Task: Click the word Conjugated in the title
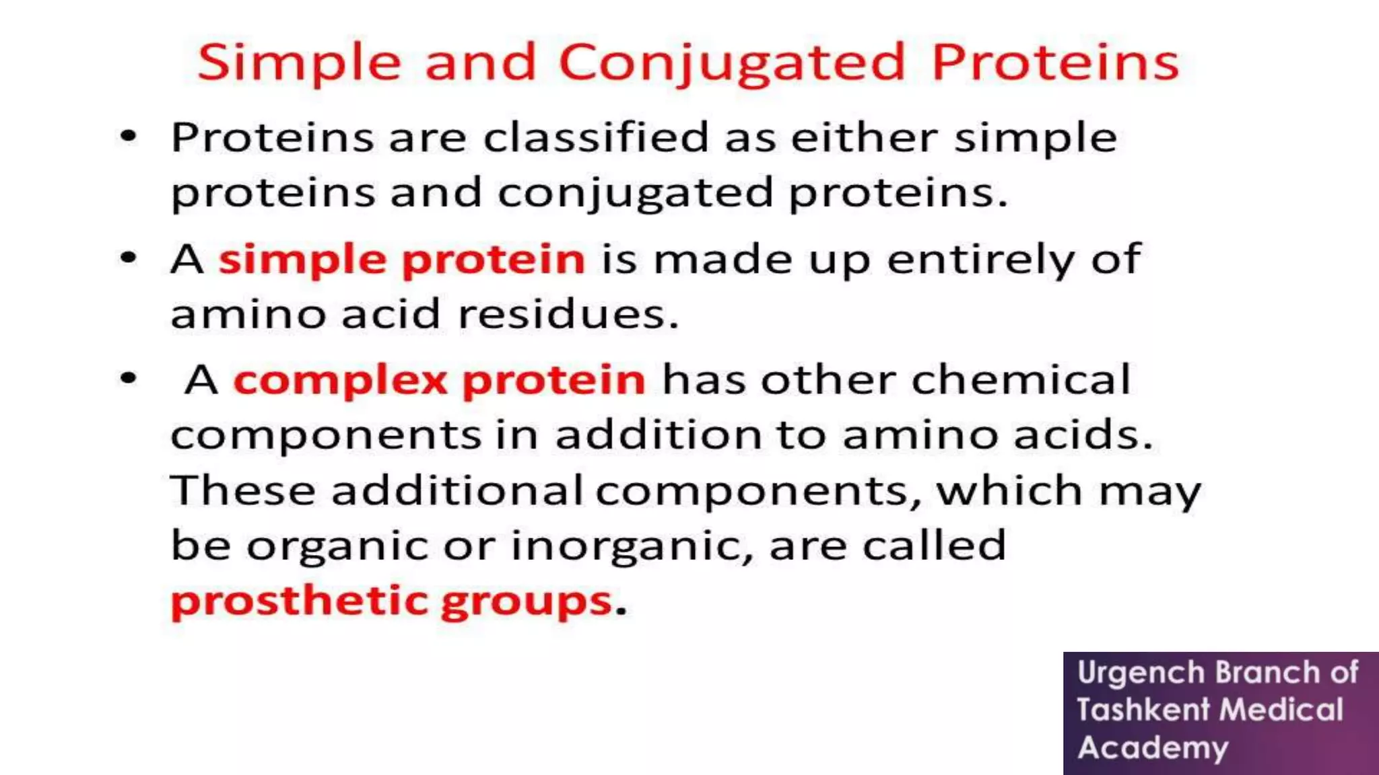[x=732, y=63]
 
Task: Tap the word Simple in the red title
[x=299, y=63]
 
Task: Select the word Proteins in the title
[x=1054, y=62]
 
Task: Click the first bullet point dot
[x=128, y=137]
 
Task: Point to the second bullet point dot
[x=128, y=258]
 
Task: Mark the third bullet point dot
[x=128, y=379]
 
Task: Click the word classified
[x=596, y=138]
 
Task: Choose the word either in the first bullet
[x=864, y=138]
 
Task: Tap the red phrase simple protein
[x=402, y=260]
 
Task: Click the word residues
[x=568, y=314]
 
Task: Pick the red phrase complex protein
[x=439, y=381]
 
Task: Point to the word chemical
[x=1021, y=380]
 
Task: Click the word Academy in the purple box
[x=1153, y=747]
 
